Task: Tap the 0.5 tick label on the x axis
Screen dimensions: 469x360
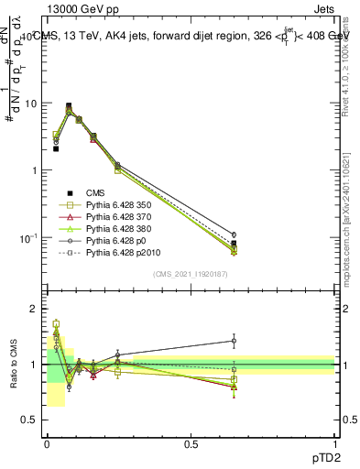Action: tap(191, 443)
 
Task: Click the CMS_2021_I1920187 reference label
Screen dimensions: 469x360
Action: tap(191, 274)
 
